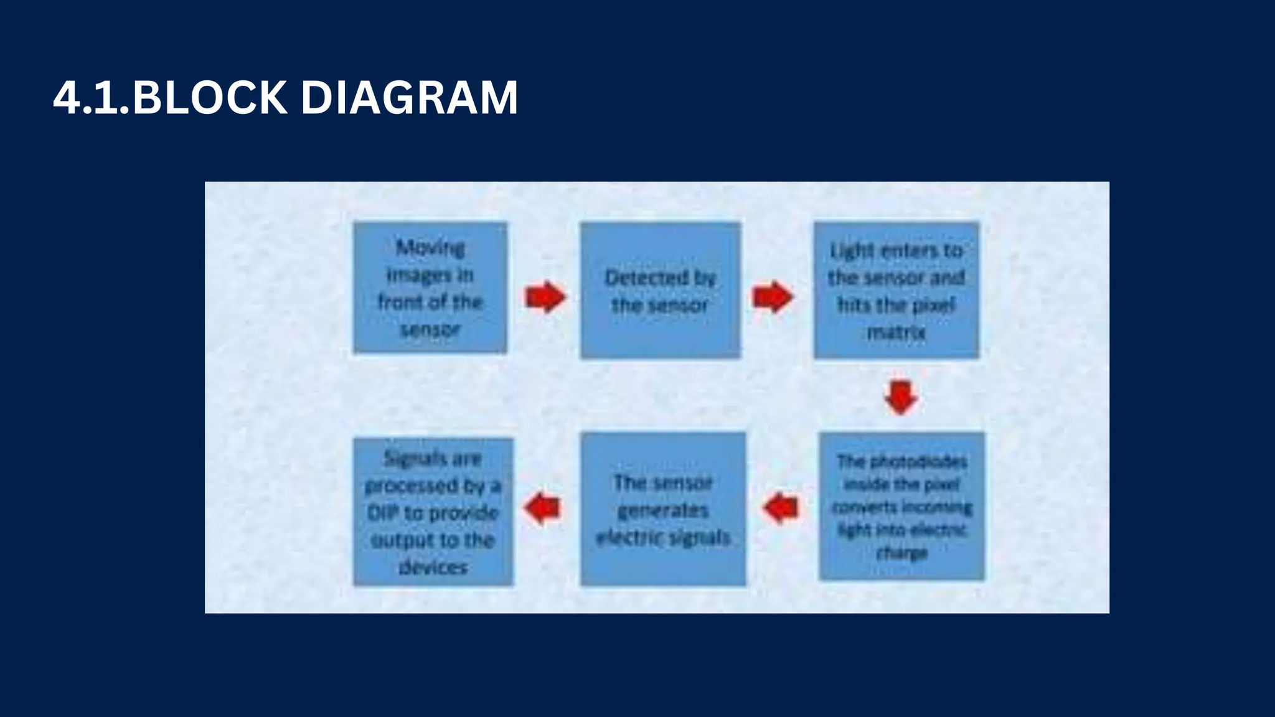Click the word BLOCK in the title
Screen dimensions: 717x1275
point(210,98)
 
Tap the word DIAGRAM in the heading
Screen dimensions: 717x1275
point(409,98)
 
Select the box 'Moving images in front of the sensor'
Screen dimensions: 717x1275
point(430,288)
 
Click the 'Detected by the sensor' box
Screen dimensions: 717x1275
point(661,291)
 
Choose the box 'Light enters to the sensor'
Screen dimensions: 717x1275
point(896,291)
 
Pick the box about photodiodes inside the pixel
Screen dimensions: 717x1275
point(901,507)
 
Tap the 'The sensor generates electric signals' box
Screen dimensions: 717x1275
point(662,509)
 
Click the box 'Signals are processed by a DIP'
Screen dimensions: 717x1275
point(433,512)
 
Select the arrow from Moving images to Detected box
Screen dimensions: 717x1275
point(545,297)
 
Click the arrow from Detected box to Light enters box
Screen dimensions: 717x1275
point(772,296)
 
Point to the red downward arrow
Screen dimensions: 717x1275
point(901,397)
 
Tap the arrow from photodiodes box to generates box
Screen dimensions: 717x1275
point(781,507)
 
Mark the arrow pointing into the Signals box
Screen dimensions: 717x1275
point(543,507)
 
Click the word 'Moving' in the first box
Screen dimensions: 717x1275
point(430,248)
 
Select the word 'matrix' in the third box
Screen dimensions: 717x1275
point(896,332)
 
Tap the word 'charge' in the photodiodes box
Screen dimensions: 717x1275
point(901,552)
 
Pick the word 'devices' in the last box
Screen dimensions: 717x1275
point(433,567)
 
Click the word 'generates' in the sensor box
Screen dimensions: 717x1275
point(662,510)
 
